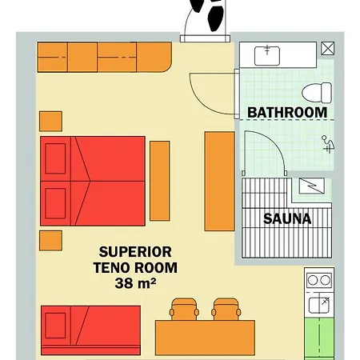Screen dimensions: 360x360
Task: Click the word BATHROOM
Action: pyautogui.click(x=287, y=112)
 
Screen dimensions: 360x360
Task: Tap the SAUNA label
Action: pyautogui.click(x=287, y=218)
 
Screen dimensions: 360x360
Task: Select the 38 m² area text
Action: pyautogui.click(x=135, y=283)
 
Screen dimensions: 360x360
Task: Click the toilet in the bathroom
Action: pyautogui.click(x=317, y=93)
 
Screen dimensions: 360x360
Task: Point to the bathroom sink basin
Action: pyautogui.click(x=267, y=56)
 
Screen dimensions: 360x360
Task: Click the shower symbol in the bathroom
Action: pyautogui.click(x=328, y=144)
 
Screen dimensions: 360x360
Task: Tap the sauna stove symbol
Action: pyautogui.click(x=312, y=186)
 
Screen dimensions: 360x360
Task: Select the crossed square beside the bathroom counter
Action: pyautogui.click(x=327, y=48)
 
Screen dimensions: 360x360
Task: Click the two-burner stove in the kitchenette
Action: pyautogui.click(x=319, y=280)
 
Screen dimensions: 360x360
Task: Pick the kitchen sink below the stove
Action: pyautogui.click(x=319, y=306)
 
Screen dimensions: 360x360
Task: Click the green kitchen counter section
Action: pyautogui.click(x=319, y=338)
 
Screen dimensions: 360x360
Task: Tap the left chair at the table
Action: pyautogui.click(x=184, y=310)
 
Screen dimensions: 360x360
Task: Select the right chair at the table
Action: pyautogui.click(x=226, y=310)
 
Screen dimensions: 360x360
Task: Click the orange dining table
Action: pyautogui.click(x=205, y=338)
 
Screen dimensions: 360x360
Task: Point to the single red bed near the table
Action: pyautogui.click(x=90, y=330)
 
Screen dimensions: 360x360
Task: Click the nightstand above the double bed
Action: pyautogui.click(x=50, y=122)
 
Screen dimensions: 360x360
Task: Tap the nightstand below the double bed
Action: pyautogui.click(x=50, y=241)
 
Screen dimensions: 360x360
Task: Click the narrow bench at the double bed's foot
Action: pyautogui.click(x=160, y=181)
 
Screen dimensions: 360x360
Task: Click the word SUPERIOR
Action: pyautogui.click(x=135, y=252)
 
